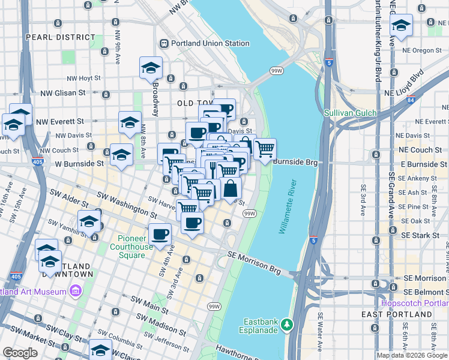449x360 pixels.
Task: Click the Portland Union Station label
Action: (211, 43)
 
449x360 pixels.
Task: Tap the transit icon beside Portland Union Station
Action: (164, 43)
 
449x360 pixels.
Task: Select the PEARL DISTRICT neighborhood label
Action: (53, 37)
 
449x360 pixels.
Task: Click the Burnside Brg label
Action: (294, 161)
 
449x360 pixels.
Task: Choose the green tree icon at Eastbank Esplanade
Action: (287, 324)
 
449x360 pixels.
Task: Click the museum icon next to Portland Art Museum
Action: (76, 292)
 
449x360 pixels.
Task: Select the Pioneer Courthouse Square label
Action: (136, 247)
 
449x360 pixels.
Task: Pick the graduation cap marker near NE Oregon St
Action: (401, 26)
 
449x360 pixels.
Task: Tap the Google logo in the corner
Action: (19, 353)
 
